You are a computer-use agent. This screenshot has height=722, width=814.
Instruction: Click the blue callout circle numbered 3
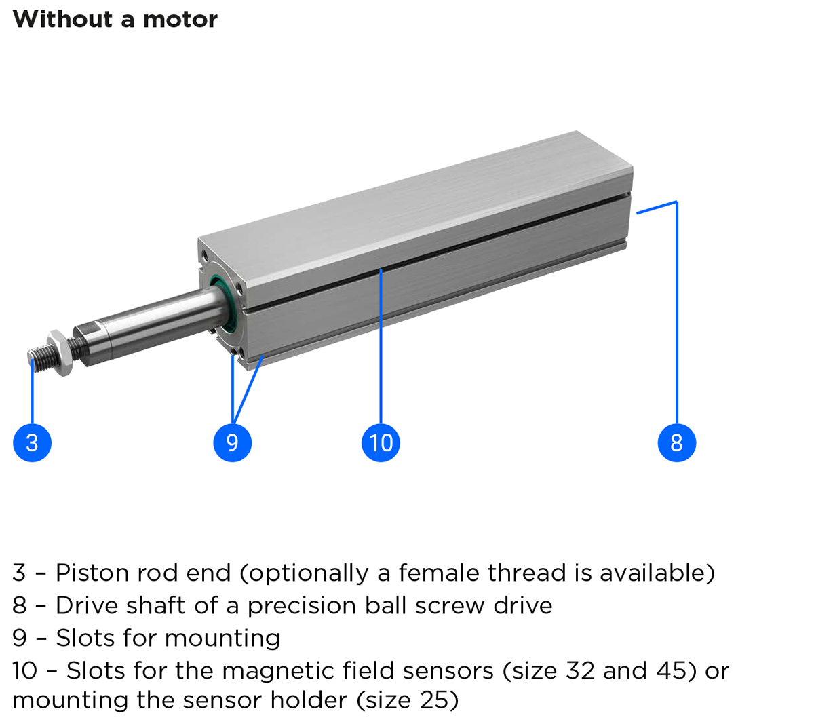pos(32,442)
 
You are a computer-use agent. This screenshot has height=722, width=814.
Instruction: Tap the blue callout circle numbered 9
pos(232,442)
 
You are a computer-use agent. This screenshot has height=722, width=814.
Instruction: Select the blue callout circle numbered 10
pos(381,442)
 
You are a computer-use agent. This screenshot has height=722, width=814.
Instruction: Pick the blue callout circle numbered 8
pos(676,442)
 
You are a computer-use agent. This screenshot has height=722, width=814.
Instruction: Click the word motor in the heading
pos(180,19)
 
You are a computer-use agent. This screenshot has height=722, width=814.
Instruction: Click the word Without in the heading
pos(62,19)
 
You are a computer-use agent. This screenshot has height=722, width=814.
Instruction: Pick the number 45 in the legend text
pos(673,670)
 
